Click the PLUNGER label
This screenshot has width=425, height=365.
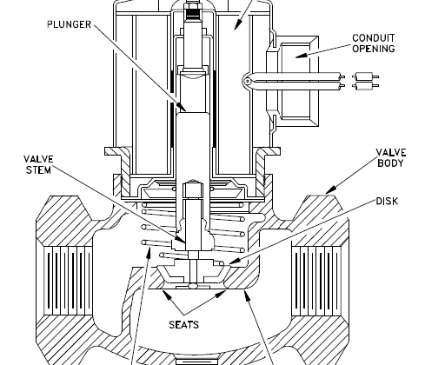(x=70, y=24)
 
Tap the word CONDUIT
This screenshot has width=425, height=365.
(x=374, y=38)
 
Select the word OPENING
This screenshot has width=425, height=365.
(x=374, y=49)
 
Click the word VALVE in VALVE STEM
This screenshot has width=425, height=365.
(x=38, y=159)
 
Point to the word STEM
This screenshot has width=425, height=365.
(x=38, y=169)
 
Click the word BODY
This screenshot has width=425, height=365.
(x=390, y=163)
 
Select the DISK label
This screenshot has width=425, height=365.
(x=387, y=201)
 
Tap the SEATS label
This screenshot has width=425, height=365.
(x=184, y=325)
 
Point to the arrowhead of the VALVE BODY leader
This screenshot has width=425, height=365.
(x=330, y=189)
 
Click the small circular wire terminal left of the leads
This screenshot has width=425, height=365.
(x=247, y=82)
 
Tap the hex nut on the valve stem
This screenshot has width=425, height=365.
(x=193, y=189)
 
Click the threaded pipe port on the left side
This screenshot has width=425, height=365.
(x=69, y=281)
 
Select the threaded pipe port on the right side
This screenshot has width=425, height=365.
(x=316, y=281)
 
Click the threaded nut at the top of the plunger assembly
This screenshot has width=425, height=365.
(x=193, y=6)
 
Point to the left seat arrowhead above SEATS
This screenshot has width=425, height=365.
(x=166, y=294)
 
